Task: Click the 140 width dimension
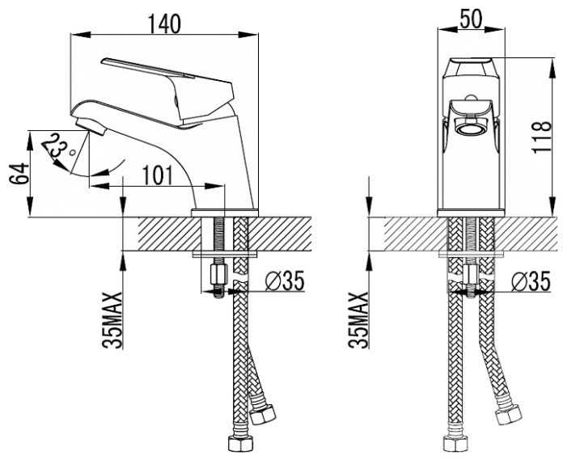click(164, 24)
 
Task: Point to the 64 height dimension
click(19, 174)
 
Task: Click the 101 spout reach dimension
click(158, 175)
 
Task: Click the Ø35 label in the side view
click(285, 281)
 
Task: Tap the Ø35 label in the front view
click(531, 281)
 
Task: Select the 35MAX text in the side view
click(112, 320)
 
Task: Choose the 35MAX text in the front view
click(358, 320)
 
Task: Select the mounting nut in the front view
click(469, 274)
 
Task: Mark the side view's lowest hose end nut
click(241, 444)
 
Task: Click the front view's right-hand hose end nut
click(508, 415)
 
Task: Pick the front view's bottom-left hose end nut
click(455, 444)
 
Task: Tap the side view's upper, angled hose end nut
click(263, 414)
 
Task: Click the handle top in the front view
click(470, 68)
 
